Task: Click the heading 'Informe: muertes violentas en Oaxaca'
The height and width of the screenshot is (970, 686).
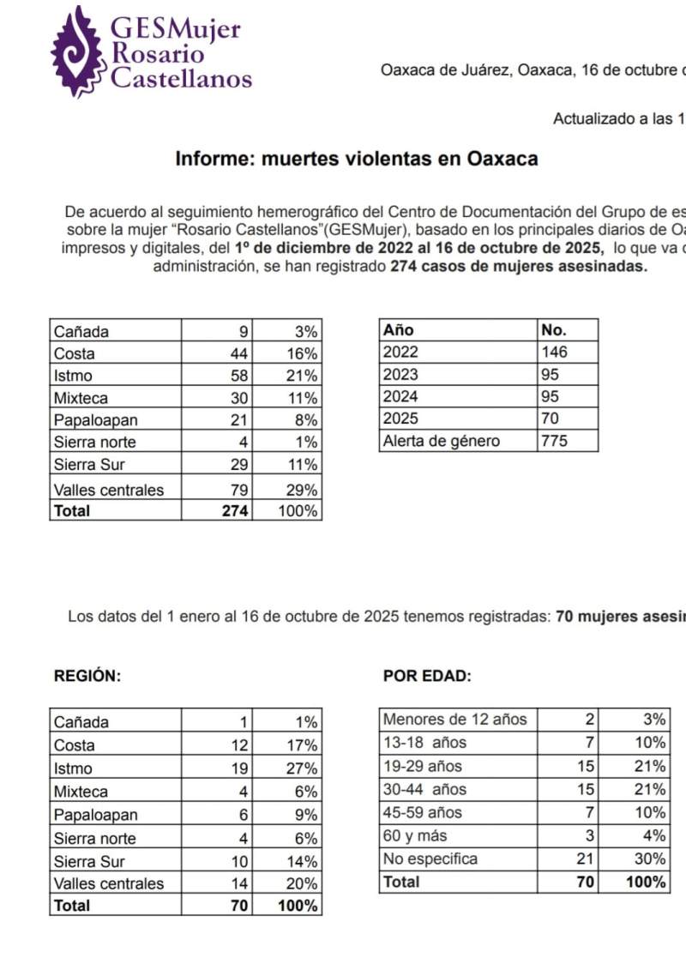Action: point(357,159)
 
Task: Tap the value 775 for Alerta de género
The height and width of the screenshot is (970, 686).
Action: point(555,441)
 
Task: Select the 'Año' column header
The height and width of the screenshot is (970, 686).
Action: point(398,329)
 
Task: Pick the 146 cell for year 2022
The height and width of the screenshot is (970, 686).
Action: point(555,352)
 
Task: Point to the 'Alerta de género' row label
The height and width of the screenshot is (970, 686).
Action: point(442,441)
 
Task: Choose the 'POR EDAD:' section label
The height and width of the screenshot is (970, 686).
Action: point(427,675)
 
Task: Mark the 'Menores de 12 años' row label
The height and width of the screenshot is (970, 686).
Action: point(455,720)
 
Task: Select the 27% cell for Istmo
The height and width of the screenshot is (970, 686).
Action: point(303,768)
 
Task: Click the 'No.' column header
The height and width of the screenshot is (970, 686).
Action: point(554,329)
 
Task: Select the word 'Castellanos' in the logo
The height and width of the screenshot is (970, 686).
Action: point(182,80)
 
